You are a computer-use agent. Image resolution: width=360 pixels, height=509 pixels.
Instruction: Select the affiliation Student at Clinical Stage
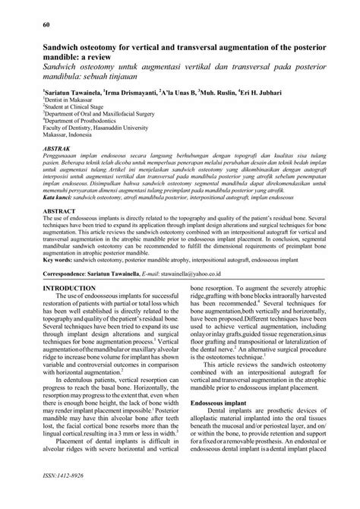tap(71, 107)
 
